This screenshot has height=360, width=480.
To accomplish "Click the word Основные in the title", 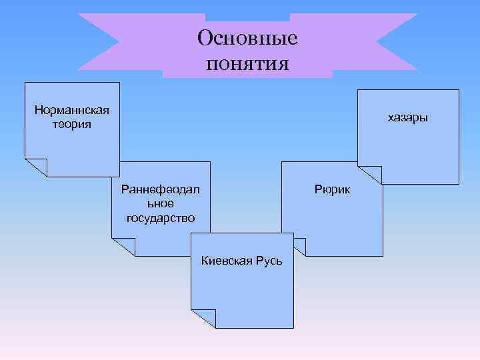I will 247,38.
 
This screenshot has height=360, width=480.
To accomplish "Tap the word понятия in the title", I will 247,64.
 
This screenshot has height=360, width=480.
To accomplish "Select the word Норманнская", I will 71,110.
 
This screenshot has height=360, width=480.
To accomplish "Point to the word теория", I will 71,124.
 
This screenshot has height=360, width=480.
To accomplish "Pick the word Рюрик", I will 332,190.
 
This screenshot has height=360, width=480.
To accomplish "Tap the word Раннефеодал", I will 160,190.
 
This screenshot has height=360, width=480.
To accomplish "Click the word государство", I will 160,218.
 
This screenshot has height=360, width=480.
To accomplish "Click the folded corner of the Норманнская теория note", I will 36,167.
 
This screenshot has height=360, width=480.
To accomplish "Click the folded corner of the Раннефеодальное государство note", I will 123,247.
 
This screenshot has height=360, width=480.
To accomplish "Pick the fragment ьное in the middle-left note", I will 160,204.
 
